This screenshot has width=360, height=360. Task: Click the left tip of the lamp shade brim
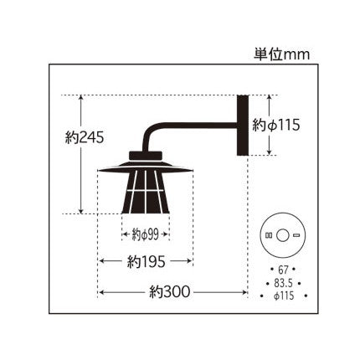(100, 172)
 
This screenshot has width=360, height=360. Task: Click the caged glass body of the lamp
(146, 194)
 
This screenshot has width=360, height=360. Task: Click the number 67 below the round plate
(282, 269)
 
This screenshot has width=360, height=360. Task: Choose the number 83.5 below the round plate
(282, 283)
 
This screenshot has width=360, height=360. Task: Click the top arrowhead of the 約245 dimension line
(81, 98)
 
